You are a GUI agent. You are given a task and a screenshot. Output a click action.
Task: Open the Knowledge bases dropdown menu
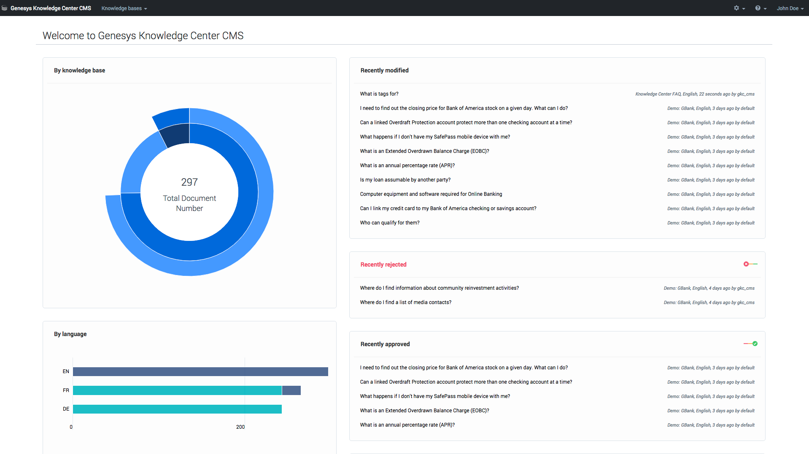click(x=124, y=8)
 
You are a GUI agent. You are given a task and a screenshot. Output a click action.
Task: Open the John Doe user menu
click(x=790, y=8)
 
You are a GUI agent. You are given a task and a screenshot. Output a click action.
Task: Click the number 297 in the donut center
click(x=189, y=182)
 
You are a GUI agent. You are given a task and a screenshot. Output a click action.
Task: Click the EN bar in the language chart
click(x=200, y=371)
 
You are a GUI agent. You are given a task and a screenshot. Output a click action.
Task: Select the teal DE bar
click(x=177, y=409)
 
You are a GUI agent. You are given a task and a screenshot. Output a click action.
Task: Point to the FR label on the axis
click(x=66, y=390)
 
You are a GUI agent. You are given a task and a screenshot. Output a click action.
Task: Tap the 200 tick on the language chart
click(x=240, y=427)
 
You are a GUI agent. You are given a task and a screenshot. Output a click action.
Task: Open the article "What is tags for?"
click(x=379, y=94)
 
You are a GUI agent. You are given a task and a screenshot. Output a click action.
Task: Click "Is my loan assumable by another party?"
click(x=405, y=180)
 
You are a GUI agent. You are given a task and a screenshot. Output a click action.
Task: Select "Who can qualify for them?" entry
click(x=390, y=223)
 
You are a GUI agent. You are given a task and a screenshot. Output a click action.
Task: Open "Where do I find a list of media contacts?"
click(x=405, y=302)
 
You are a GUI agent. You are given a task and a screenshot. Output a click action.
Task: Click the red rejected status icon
click(x=746, y=264)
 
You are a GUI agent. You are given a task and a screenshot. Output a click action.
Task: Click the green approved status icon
click(x=755, y=344)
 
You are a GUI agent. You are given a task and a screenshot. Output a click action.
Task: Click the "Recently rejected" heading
click(x=383, y=264)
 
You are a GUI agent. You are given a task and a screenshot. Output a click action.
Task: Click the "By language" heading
click(x=70, y=334)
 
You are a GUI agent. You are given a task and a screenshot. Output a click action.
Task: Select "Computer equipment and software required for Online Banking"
click(x=431, y=194)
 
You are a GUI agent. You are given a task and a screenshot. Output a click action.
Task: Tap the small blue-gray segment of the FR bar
click(x=291, y=390)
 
